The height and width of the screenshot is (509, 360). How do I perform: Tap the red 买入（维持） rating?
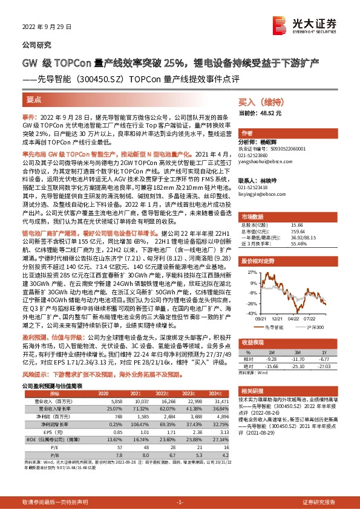point(259,103)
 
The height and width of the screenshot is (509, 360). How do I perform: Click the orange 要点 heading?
point(34,99)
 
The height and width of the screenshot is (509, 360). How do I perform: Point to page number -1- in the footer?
point(179,502)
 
